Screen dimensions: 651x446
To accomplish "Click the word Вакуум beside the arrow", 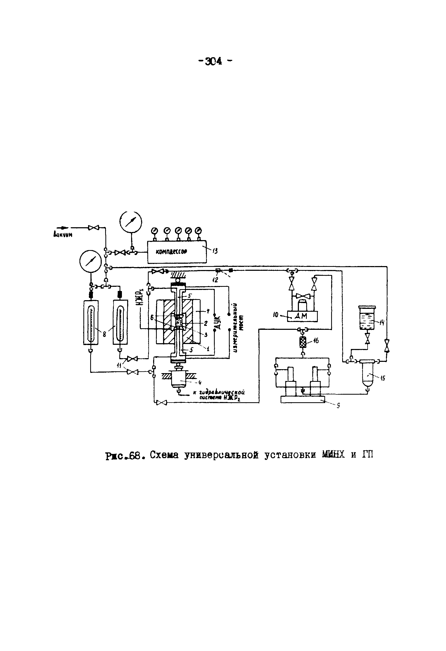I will click(x=63, y=235).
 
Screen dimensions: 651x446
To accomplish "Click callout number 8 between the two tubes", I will click(x=104, y=334).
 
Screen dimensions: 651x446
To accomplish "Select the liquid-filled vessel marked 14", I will click(x=367, y=319).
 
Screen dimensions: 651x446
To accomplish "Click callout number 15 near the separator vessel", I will click(x=383, y=378).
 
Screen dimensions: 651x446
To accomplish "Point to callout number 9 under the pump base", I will click(x=338, y=405).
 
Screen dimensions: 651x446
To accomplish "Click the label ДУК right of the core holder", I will click(x=219, y=322).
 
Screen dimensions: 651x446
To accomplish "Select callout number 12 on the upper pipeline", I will click(x=215, y=279).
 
